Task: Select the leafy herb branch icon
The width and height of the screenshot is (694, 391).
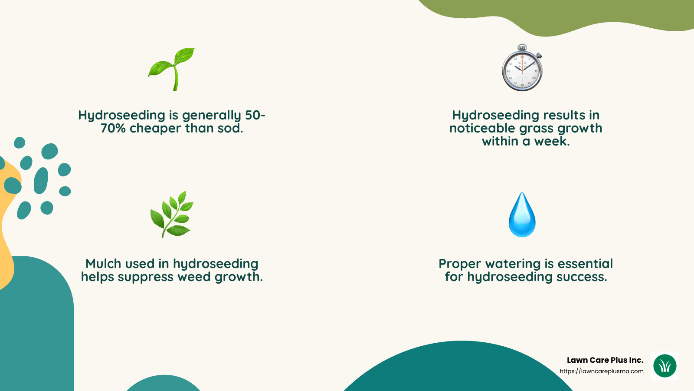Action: (172, 214)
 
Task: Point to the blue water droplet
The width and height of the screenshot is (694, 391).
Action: (522, 215)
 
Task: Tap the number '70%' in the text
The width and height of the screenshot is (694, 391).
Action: (113, 129)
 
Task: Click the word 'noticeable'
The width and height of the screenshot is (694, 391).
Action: (482, 129)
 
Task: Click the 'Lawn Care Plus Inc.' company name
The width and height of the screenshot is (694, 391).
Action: (605, 360)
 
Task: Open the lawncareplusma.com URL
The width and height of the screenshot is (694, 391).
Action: (601, 371)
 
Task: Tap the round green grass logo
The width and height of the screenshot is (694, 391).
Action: (665, 366)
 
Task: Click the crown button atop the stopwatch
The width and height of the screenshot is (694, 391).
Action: (522, 46)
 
